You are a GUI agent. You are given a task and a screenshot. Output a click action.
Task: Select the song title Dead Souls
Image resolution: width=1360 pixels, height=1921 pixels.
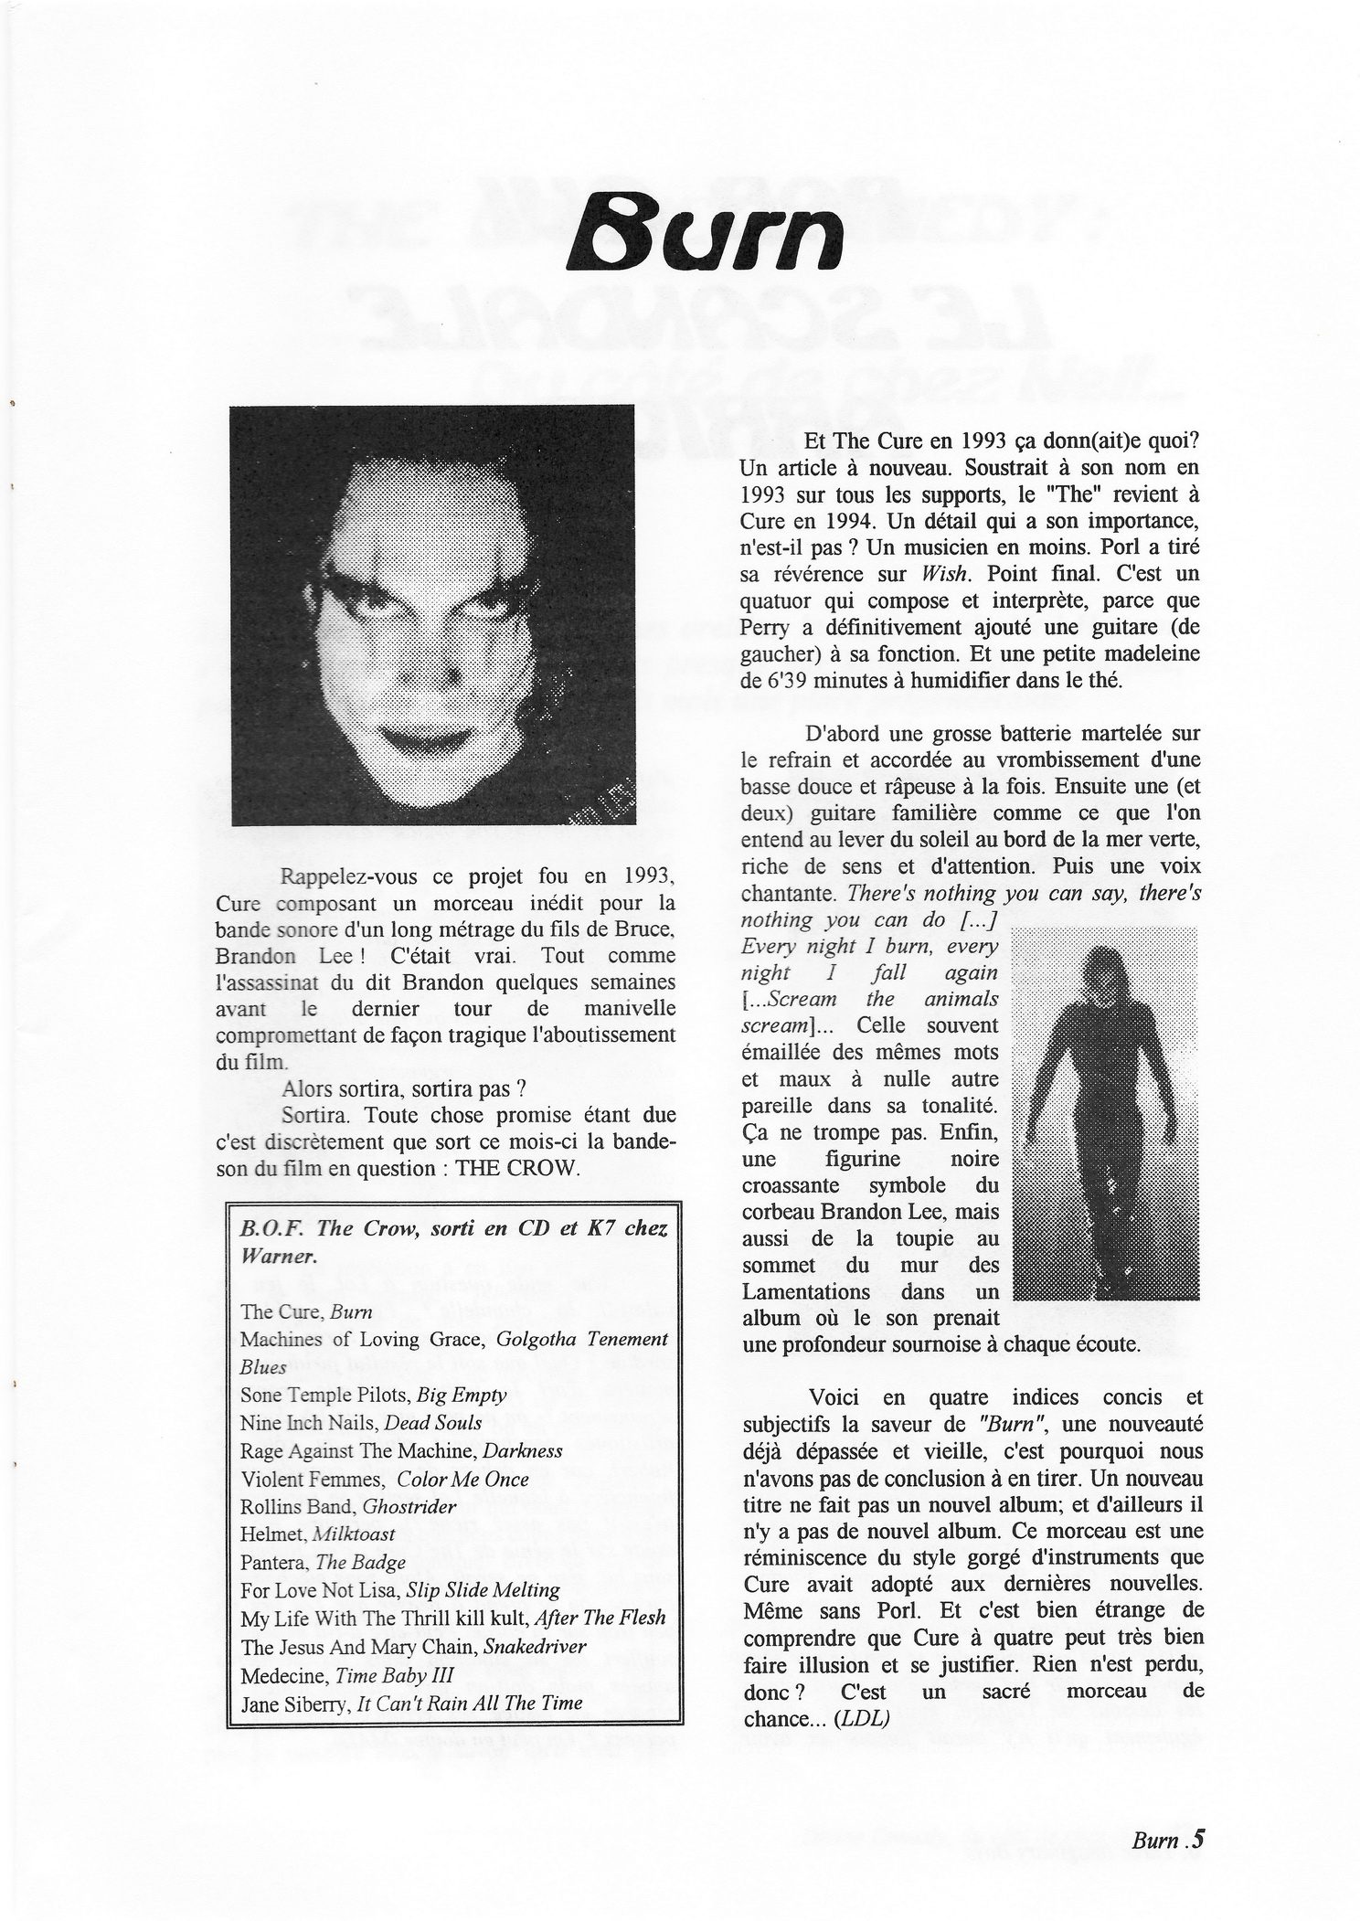tap(432, 1422)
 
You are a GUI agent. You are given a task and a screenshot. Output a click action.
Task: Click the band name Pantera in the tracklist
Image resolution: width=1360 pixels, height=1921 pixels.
tap(274, 1563)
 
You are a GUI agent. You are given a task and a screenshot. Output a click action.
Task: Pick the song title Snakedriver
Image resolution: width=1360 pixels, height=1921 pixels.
tap(534, 1646)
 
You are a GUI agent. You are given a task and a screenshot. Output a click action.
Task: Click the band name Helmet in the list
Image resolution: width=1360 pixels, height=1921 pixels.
tap(271, 1534)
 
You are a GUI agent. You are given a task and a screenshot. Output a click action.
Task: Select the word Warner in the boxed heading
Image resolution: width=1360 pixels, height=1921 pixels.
tap(278, 1257)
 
